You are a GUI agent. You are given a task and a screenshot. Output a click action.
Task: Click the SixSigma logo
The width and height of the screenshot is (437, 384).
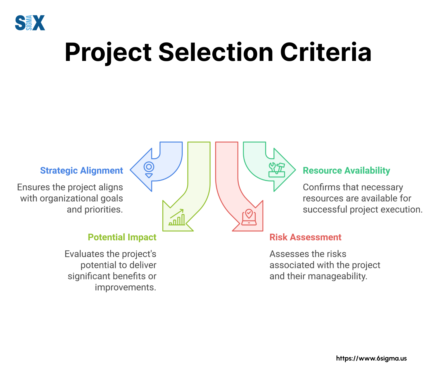[30, 23]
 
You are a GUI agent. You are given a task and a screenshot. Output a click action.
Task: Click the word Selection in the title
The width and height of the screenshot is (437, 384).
[216, 52]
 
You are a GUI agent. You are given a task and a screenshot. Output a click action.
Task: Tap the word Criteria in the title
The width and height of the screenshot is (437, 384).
[326, 52]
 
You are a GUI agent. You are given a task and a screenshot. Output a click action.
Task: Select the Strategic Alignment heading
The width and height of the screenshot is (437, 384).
[82, 170]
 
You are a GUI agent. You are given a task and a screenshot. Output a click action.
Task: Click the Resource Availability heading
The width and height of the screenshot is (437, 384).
[346, 170]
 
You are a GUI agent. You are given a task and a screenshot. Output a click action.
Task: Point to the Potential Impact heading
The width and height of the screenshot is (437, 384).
[122, 237]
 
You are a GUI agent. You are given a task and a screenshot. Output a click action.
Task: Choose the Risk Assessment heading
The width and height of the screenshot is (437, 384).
[305, 237]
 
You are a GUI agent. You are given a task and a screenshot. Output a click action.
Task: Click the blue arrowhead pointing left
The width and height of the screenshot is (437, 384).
[141, 170]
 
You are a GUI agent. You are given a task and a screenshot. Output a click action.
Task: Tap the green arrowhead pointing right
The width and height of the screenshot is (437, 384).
[284, 170]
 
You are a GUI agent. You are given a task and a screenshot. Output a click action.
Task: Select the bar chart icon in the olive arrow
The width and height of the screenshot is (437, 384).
[177, 217]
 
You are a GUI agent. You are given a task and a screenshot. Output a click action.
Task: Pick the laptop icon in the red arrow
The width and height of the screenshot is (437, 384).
[249, 217]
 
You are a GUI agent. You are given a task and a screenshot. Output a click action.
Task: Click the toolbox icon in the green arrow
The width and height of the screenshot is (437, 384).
[277, 170]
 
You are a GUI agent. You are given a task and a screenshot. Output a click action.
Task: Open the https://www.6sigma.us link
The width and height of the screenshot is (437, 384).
[371, 358]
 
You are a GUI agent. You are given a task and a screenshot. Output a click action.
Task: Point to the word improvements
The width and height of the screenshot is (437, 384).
[125, 287]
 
